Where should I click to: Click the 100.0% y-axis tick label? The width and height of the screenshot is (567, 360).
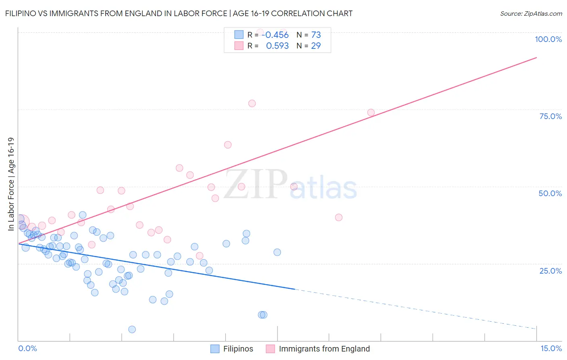tap(548, 39)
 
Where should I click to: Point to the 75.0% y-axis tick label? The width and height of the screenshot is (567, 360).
tap(550, 116)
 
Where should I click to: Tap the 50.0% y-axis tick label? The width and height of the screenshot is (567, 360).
tap(550, 193)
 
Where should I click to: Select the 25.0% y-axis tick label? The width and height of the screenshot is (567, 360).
tap(550, 271)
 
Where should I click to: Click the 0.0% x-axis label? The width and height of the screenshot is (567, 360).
tap(27, 349)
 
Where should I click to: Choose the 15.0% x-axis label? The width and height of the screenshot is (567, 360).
tap(551, 349)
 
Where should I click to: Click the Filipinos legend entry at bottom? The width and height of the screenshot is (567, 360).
tap(238, 349)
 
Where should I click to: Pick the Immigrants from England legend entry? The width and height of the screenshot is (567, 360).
tap(324, 349)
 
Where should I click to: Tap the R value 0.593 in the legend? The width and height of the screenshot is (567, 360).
tap(277, 46)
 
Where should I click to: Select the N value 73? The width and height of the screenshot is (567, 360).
tap(316, 35)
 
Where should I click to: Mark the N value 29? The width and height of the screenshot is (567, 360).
tap(316, 46)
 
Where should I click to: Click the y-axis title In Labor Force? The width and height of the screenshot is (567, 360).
tap(11, 184)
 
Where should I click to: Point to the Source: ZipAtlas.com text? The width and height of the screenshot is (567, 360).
tap(531, 14)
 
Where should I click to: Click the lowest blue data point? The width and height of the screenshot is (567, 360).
tap(132, 329)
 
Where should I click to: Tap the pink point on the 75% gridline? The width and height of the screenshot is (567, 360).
tap(371, 113)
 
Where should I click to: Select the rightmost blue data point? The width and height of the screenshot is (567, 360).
tap(277, 252)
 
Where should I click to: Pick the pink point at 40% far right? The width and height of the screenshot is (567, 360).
tap(339, 218)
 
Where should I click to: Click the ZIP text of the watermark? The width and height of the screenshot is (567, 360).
tap(256, 184)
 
